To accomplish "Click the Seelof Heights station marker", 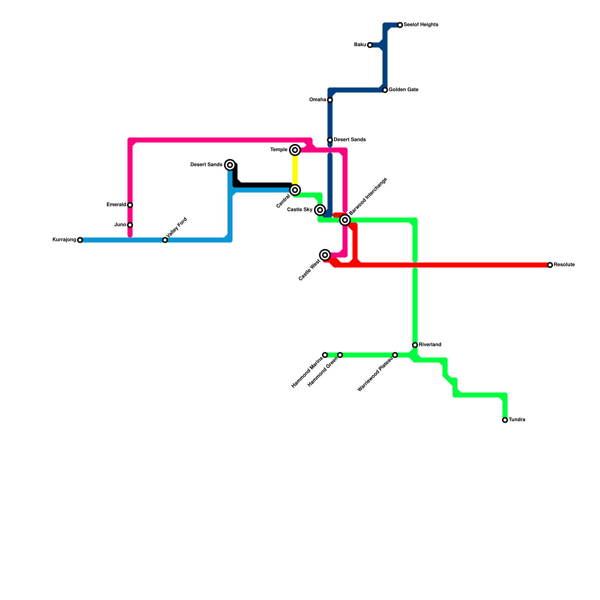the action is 400,25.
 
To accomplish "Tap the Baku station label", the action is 360,45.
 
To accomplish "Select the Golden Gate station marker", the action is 385,90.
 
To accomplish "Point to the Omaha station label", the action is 318,100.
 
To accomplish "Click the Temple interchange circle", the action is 295,150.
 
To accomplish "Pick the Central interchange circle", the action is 295,190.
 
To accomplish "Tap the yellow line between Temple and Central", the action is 295,170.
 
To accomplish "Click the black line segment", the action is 262,185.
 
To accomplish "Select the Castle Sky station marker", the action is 320,210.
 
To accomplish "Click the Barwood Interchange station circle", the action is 345,220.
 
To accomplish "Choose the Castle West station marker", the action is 325,255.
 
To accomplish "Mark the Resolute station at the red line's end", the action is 550,265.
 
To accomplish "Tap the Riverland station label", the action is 430,345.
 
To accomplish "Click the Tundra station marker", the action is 505,420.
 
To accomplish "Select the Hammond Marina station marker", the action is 325,355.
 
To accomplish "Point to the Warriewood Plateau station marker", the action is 395,355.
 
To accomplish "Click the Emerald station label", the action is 116,205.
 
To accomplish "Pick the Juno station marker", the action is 130,225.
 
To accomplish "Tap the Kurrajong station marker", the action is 80,240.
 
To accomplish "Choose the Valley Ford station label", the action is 176,227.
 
